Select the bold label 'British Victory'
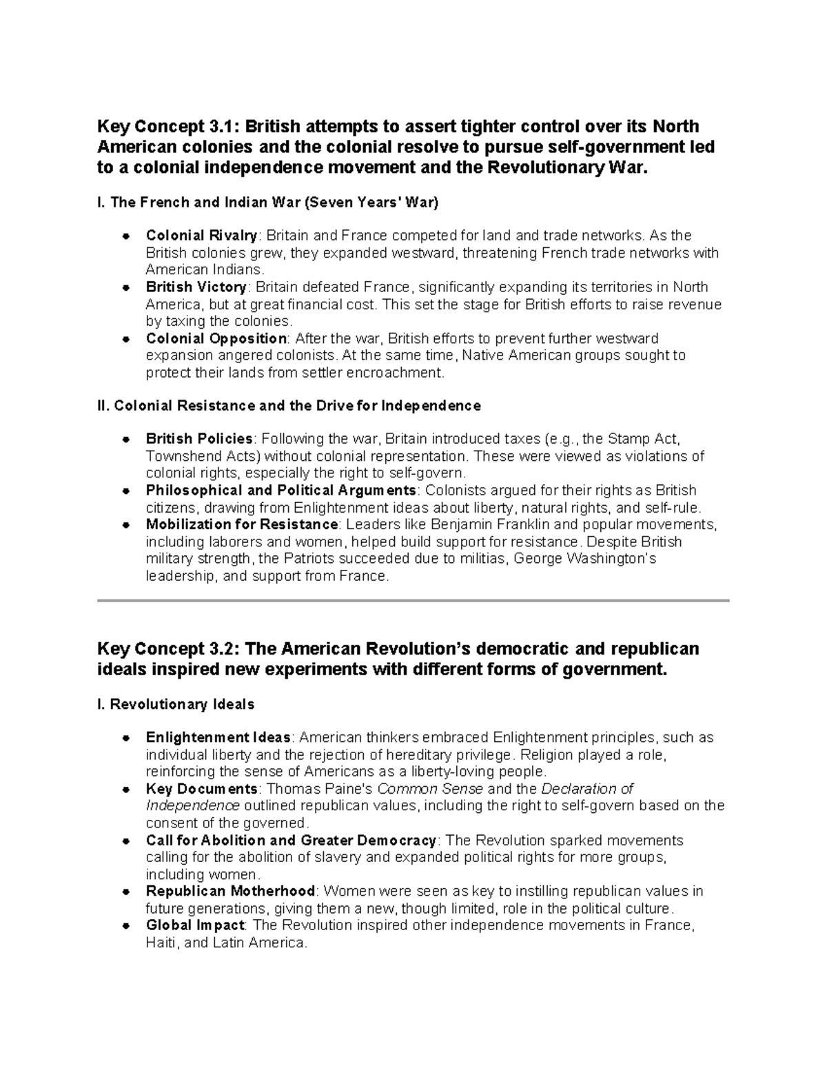click(196, 287)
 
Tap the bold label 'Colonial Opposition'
click(216, 339)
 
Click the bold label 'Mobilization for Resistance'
click(243, 525)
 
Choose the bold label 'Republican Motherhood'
click(230, 892)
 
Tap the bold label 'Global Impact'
click(195, 925)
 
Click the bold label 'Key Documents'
click(201, 789)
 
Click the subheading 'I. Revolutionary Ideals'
click(176, 704)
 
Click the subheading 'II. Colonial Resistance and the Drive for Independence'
click(289, 406)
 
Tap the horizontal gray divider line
click(413, 601)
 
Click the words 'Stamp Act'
click(647, 439)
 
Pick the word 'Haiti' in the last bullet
click(161, 943)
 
